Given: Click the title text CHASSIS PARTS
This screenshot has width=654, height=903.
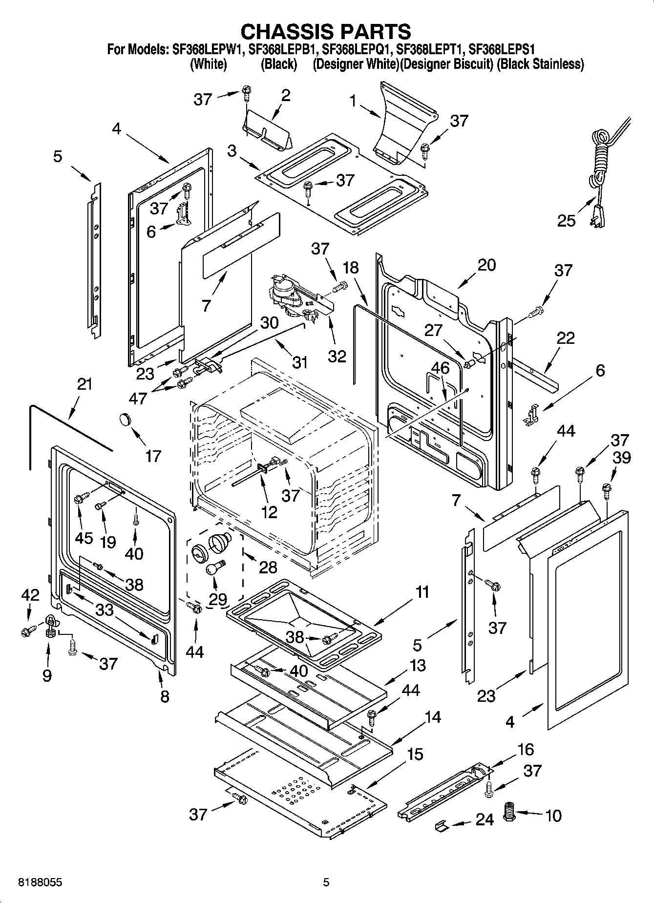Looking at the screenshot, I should point(326,31).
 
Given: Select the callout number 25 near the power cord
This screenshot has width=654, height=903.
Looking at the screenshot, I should point(567,221).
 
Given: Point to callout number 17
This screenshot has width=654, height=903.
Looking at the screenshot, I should point(153,456).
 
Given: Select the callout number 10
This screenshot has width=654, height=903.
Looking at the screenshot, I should point(553,815).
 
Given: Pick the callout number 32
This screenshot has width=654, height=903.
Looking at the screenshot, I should point(337,356).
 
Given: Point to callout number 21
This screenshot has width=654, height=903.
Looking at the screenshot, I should point(84,384).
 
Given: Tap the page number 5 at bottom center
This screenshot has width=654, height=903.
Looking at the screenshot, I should point(326,882).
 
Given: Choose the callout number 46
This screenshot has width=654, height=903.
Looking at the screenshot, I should point(440,368).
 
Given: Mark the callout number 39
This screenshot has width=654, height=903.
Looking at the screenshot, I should point(622,457).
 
